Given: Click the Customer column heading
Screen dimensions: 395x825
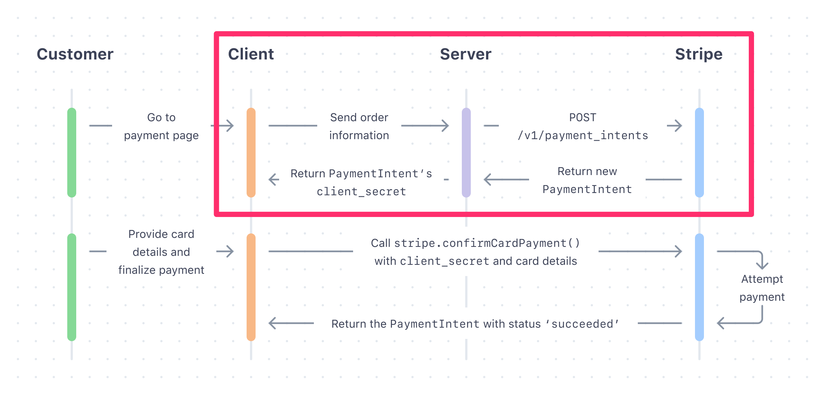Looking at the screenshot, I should (x=75, y=54).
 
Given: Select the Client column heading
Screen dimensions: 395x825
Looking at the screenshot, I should (x=251, y=54).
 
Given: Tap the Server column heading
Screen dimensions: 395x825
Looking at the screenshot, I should (x=466, y=54).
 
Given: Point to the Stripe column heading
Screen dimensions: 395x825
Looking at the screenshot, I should (x=699, y=54).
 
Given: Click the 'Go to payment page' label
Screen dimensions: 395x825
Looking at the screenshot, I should (x=161, y=126).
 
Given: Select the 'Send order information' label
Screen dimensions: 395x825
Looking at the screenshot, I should (x=359, y=126).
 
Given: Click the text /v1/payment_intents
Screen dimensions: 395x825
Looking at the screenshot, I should (x=583, y=135).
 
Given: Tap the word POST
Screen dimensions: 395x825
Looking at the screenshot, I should (x=583, y=117).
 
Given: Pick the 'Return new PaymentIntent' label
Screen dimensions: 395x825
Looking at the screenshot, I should (x=587, y=180).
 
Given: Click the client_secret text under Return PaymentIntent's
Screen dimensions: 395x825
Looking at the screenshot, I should (x=361, y=192).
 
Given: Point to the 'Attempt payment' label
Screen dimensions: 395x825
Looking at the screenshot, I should (x=762, y=288).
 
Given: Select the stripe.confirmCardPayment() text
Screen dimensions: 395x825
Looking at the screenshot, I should (x=487, y=243).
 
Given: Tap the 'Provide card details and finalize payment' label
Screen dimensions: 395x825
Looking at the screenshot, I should (x=161, y=252).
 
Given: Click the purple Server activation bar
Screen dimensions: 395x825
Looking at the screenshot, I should (x=466, y=153).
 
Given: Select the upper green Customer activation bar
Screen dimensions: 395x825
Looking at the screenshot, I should (x=72, y=153).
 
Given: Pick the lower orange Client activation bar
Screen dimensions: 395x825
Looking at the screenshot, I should (x=251, y=287).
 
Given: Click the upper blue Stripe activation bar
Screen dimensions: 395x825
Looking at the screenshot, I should (x=699, y=153).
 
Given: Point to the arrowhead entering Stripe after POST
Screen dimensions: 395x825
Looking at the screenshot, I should (x=678, y=126).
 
